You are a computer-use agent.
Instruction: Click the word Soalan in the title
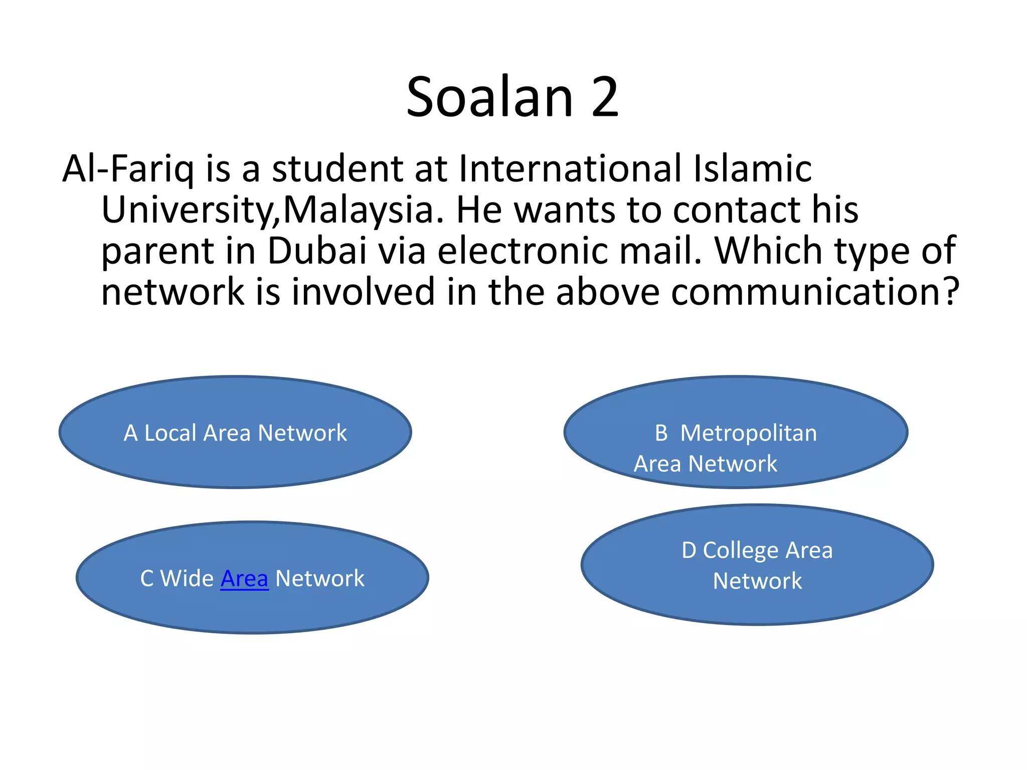click(489, 97)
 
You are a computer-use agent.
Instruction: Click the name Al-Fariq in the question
click(128, 169)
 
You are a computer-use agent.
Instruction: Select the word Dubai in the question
click(317, 251)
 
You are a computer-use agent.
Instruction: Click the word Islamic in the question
click(752, 169)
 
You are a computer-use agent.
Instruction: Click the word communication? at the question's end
click(815, 292)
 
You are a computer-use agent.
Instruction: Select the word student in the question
click(337, 169)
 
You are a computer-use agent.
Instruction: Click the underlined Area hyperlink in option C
click(244, 579)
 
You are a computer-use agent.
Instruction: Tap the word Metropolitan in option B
click(748, 433)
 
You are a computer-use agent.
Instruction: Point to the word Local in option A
click(170, 433)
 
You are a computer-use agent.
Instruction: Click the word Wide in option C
click(187, 579)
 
